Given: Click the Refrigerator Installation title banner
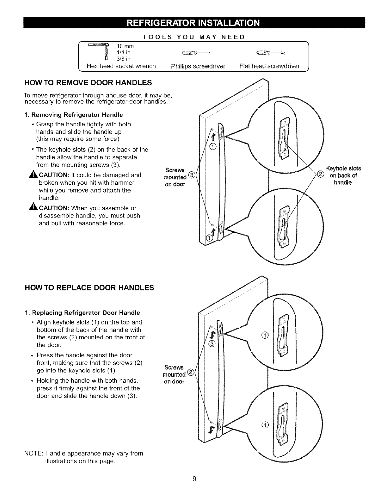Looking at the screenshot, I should pyautogui.click(x=193, y=23).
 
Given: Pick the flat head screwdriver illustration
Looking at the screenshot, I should pyautogui.click(x=271, y=52).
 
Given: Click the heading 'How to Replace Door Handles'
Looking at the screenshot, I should pyautogui.click(x=89, y=288).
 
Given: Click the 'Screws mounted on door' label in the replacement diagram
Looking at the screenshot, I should pyautogui.click(x=174, y=374).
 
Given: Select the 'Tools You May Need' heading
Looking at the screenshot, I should pyautogui.click(x=193, y=37).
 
